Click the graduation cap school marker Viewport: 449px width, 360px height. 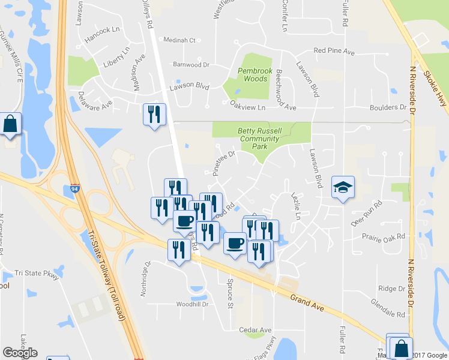tap(343, 188)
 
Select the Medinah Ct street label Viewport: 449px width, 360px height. tap(179, 40)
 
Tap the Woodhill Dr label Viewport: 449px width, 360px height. tap(191, 304)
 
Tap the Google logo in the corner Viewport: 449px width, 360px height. tap(20, 353)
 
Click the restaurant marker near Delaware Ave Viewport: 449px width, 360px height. tap(154, 113)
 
